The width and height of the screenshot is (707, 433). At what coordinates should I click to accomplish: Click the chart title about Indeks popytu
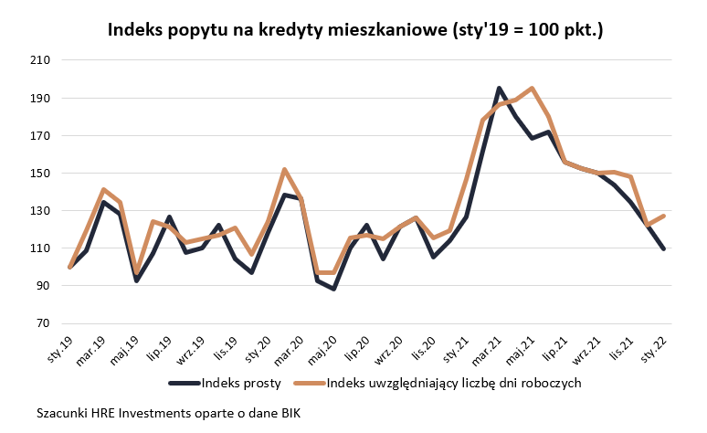pos(355,30)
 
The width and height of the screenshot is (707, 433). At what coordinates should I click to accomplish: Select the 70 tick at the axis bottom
pos(42,323)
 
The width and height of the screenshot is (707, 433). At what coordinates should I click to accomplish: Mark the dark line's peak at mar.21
pos(499,89)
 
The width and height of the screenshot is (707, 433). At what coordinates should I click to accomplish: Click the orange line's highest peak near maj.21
pos(533,89)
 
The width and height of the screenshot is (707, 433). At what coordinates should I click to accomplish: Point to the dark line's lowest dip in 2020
pos(334,289)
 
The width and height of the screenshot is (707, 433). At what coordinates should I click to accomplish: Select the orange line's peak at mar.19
pos(103,189)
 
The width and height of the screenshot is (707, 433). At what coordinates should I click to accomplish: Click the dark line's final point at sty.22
pos(663,248)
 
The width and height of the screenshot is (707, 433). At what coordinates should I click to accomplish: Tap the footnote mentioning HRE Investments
pos(168,413)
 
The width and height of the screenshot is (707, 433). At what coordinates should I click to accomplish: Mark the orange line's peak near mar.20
pos(284,169)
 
